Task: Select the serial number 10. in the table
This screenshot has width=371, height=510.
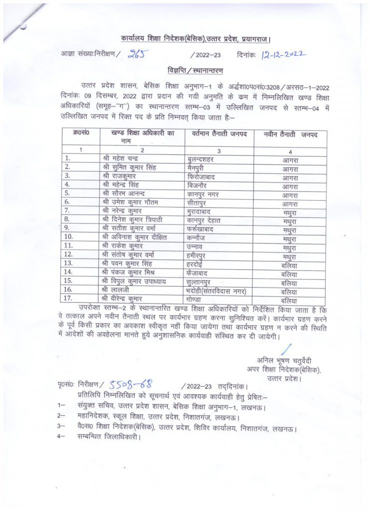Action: click(69, 237)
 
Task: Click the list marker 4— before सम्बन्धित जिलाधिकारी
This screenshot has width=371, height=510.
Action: click(62, 437)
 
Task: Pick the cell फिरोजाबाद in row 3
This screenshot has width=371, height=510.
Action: click(203, 176)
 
